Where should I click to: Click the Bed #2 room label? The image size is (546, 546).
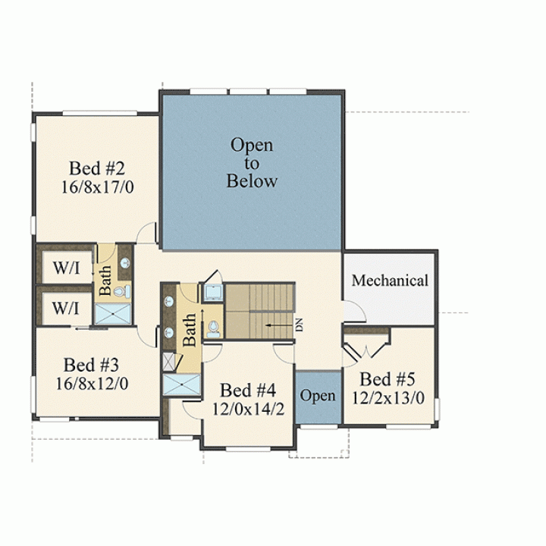point(97,168)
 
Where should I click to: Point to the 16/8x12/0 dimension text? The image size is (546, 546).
point(92,384)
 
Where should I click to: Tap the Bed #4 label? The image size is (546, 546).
point(248,391)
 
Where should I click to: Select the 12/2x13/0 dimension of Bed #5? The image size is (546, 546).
point(388,398)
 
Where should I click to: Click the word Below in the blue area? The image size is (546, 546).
point(252,181)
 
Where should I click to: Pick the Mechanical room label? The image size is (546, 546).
point(390,281)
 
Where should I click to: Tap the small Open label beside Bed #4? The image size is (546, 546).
point(318,396)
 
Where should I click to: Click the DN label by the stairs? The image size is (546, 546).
point(300,325)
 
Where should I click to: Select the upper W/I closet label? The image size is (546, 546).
point(66,268)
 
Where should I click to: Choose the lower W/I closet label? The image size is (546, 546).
point(65,308)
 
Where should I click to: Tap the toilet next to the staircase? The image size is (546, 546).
point(213,330)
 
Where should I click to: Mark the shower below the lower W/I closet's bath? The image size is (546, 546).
point(113,314)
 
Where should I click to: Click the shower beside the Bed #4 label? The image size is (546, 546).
point(182,384)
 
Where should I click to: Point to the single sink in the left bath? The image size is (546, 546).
point(125,263)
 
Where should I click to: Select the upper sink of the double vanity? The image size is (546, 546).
point(169,302)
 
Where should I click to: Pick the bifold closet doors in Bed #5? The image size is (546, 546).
point(366,348)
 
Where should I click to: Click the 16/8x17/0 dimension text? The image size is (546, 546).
point(98,187)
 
